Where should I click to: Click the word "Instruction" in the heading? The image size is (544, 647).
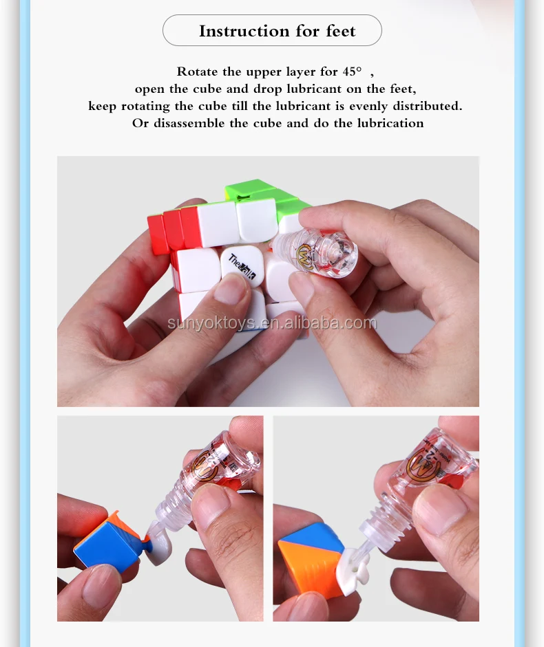244,31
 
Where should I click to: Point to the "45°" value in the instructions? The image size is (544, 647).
352,72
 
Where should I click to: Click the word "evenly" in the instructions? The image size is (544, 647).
368,106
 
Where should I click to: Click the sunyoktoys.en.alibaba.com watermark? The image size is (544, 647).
272,322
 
